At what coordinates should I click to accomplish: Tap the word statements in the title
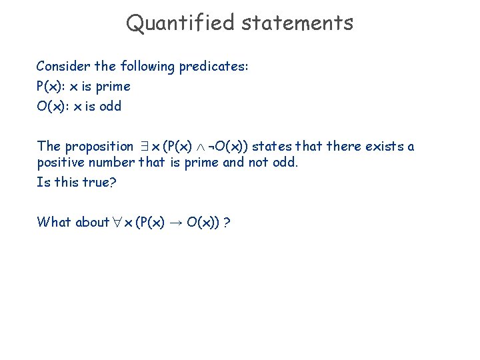297,23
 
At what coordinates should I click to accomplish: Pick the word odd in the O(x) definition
110,106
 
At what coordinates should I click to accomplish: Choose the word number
114,163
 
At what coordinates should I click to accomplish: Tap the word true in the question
99,182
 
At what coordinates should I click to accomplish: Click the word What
54,222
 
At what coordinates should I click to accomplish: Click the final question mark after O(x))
228,222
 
